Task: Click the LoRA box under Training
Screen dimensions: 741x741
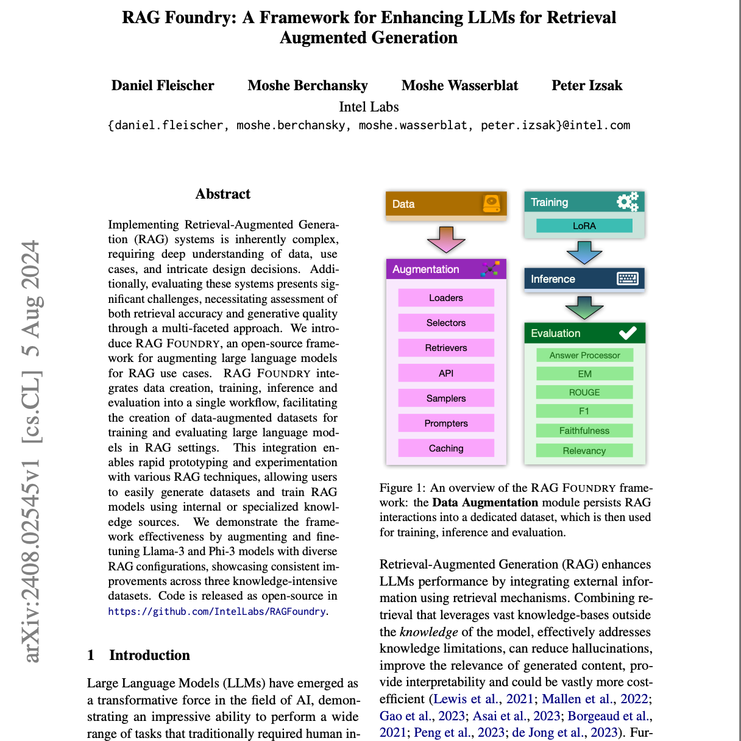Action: pos(584,225)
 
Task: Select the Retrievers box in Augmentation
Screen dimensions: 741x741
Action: pos(446,348)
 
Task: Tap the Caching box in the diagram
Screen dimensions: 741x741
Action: pos(446,448)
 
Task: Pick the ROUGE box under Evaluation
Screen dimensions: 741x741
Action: pos(584,392)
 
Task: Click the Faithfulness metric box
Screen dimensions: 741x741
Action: pos(584,431)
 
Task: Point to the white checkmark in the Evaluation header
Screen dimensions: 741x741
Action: pos(628,333)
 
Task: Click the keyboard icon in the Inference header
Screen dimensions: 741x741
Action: pos(627,278)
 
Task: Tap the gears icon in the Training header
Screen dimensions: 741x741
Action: pos(627,202)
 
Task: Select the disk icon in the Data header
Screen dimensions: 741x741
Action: pos(491,203)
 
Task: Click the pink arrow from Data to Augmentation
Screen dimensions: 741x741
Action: pos(446,239)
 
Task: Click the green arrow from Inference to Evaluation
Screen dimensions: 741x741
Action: pos(584,308)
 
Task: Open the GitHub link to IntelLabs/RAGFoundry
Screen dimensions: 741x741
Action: pos(217,611)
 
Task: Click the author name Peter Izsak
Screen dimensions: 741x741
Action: pos(587,85)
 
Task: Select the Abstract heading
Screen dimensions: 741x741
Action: pos(223,194)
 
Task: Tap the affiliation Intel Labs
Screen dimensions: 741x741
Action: pos(369,107)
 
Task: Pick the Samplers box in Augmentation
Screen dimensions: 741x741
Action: pos(446,399)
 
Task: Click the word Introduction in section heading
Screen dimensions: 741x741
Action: pos(149,655)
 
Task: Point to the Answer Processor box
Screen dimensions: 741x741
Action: pos(584,355)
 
